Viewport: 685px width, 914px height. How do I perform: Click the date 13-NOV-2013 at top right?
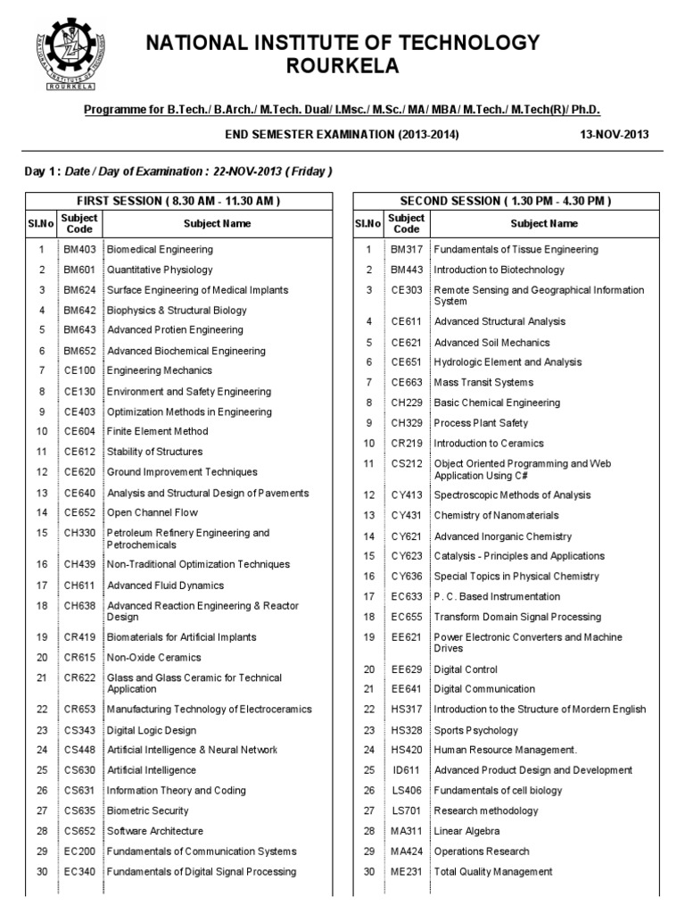point(615,134)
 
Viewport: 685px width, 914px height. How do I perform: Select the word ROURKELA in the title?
point(342,67)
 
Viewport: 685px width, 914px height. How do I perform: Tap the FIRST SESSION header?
point(178,201)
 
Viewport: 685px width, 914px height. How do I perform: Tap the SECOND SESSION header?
point(507,201)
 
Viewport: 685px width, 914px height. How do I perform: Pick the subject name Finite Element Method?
point(158,432)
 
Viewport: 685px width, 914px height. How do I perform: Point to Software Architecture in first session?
point(155,831)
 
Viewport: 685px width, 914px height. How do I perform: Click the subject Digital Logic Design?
point(152,730)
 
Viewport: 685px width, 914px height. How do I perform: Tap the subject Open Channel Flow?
point(153,513)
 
